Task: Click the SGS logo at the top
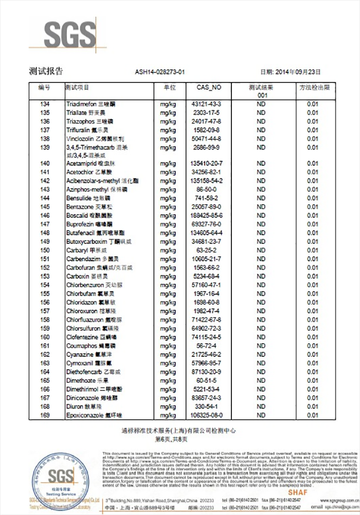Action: (x=69, y=34)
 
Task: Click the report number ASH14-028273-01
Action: (x=160, y=72)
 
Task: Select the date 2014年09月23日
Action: (x=298, y=72)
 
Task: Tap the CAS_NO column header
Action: (x=208, y=87)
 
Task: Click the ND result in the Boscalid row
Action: (x=261, y=216)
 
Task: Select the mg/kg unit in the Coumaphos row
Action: (x=168, y=346)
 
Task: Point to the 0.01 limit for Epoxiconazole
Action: (x=313, y=415)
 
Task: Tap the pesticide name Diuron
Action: (x=75, y=406)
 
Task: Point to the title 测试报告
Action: (x=42, y=72)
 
